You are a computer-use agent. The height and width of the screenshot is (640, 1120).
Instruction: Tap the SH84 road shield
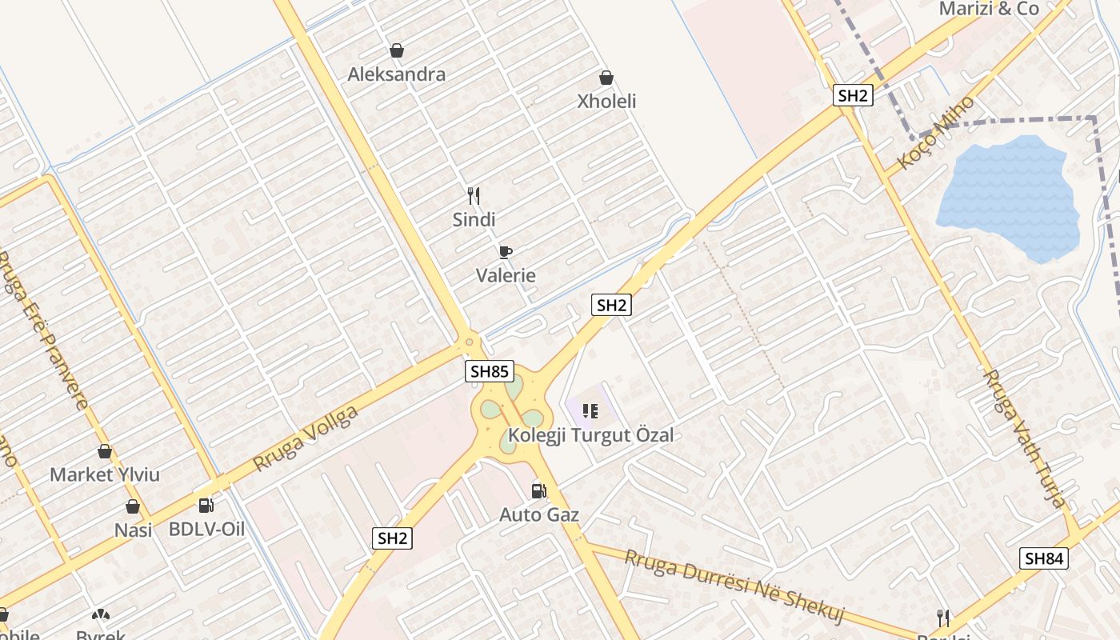tap(1044, 558)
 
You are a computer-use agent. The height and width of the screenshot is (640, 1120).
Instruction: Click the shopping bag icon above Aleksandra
tap(397, 50)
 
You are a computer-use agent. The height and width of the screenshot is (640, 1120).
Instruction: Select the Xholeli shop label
tap(607, 102)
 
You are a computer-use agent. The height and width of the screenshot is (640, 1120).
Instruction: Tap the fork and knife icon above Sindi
tap(474, 195)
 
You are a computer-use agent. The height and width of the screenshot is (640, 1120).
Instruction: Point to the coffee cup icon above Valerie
tap(505, 252)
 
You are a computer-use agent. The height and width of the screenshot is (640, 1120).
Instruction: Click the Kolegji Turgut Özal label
tap(591, 435)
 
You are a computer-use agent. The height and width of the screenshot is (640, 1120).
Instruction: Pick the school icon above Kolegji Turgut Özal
tap(590, 411)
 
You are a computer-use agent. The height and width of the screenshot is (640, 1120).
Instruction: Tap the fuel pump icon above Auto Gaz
tap(539, 490)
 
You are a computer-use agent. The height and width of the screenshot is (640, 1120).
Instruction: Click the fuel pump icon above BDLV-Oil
tap(206, 505)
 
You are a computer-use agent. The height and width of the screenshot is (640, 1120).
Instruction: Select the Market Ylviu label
tap(105, 474)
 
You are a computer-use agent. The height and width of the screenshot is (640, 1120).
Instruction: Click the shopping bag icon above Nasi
tap(133, 506)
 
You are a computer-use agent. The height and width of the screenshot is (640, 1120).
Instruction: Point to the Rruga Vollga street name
tap(305, 438)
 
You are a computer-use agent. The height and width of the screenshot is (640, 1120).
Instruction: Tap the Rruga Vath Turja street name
tap(1025, 438)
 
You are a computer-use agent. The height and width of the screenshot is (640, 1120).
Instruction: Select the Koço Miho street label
tap(936, 132)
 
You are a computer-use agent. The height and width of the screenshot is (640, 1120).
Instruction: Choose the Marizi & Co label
tap(989, 9)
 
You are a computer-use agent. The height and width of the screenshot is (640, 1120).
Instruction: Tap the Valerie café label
tap(506, 275)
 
